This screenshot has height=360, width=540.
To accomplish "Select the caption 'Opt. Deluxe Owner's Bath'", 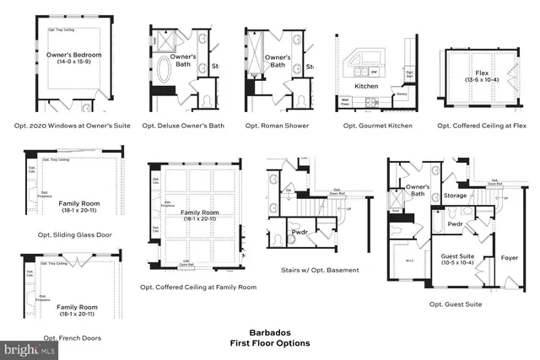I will point(183,126).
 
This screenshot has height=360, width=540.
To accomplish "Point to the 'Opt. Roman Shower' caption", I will point(277,126).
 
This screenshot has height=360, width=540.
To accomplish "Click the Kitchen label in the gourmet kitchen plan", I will point(365,86).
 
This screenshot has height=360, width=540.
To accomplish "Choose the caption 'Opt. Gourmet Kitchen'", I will point(377,126).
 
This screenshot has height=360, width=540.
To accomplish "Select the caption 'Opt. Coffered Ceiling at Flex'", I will point(482,126).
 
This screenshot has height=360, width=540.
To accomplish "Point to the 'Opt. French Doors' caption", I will point(72,337).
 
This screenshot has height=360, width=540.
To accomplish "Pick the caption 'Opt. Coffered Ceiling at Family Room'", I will point(198,287).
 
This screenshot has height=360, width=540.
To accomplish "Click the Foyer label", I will point(510,257).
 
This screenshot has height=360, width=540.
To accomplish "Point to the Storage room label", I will point(455,196).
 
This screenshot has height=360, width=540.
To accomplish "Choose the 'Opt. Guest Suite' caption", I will point(456,304).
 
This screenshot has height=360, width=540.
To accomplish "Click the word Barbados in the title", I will point(269,333).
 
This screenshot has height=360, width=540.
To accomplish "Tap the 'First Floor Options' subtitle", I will point(269,343).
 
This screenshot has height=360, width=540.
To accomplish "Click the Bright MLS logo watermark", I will point(30,347).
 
